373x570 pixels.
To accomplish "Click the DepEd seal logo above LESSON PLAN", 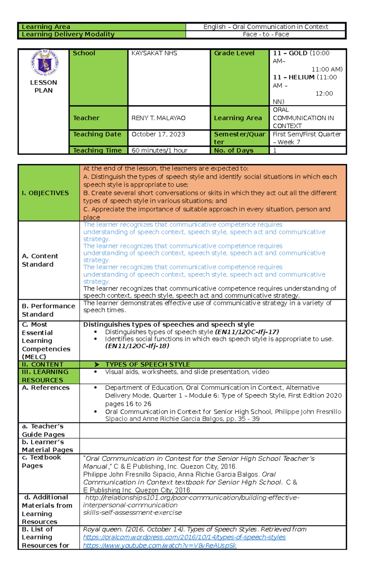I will point(44,63).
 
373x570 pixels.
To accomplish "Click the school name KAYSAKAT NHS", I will point(154,53).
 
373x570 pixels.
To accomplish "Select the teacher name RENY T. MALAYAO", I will point(158,118).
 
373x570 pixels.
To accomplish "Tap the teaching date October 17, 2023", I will point(158,134).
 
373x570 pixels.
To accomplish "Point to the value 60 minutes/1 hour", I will point(159,150).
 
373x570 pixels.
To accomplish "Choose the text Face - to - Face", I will point(266,34).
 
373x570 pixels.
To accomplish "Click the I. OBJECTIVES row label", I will point(45,193).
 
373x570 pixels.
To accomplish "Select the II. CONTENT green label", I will point(43,364).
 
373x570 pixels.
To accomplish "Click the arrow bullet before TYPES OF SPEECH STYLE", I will point(97,364).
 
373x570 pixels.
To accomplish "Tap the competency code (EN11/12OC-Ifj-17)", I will point(247,332).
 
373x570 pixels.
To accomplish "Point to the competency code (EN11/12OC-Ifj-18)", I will point(137,346).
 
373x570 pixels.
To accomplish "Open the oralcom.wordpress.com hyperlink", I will point(184,537).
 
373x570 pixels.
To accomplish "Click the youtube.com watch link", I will point(159,545).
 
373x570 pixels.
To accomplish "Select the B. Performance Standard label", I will point(48,310).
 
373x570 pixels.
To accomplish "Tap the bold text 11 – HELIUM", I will point(293,77).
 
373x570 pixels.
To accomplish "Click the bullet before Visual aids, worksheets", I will point(95,372).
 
